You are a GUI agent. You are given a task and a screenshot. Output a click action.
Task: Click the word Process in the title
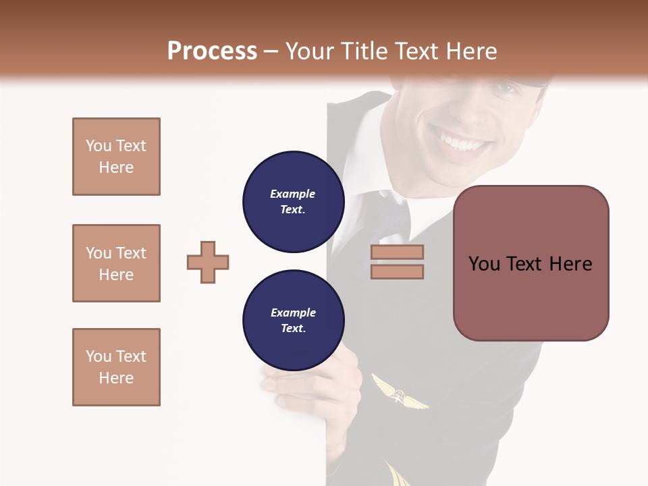pyautogui.click(x=212, y=51)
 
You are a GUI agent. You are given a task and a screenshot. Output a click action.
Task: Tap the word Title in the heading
pyautogui.click(x=364, y=51)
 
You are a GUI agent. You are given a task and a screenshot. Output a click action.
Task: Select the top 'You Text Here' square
pyautogui.click(x=116, y=157)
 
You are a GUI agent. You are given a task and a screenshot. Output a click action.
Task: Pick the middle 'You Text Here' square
pyautogui.click(x=116, y=263)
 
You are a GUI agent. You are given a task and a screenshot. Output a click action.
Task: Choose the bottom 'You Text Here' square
pyautogui.click(x=116, y=367)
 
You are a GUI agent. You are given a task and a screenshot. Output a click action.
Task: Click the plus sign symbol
pyautogui.click(x=208, y=262)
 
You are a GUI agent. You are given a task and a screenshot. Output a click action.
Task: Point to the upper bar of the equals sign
pyautogui.click(x=397, y=252)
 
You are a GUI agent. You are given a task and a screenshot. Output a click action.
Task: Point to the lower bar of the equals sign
pyautogui.click(x=397, y=271)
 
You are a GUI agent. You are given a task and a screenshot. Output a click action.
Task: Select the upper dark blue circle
pyautogui.click(x=293, y=202)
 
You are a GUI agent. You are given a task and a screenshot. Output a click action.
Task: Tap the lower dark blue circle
pyautogui.click(x=293, y=321)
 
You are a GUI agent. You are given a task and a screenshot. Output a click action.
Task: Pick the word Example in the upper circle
pyautogui.click(x=293, y=194)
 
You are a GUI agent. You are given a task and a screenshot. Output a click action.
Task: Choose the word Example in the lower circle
pyautogui.click(x=293, y=313)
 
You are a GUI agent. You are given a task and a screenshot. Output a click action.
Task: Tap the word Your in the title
pyautogui.click(x=311, y=51)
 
